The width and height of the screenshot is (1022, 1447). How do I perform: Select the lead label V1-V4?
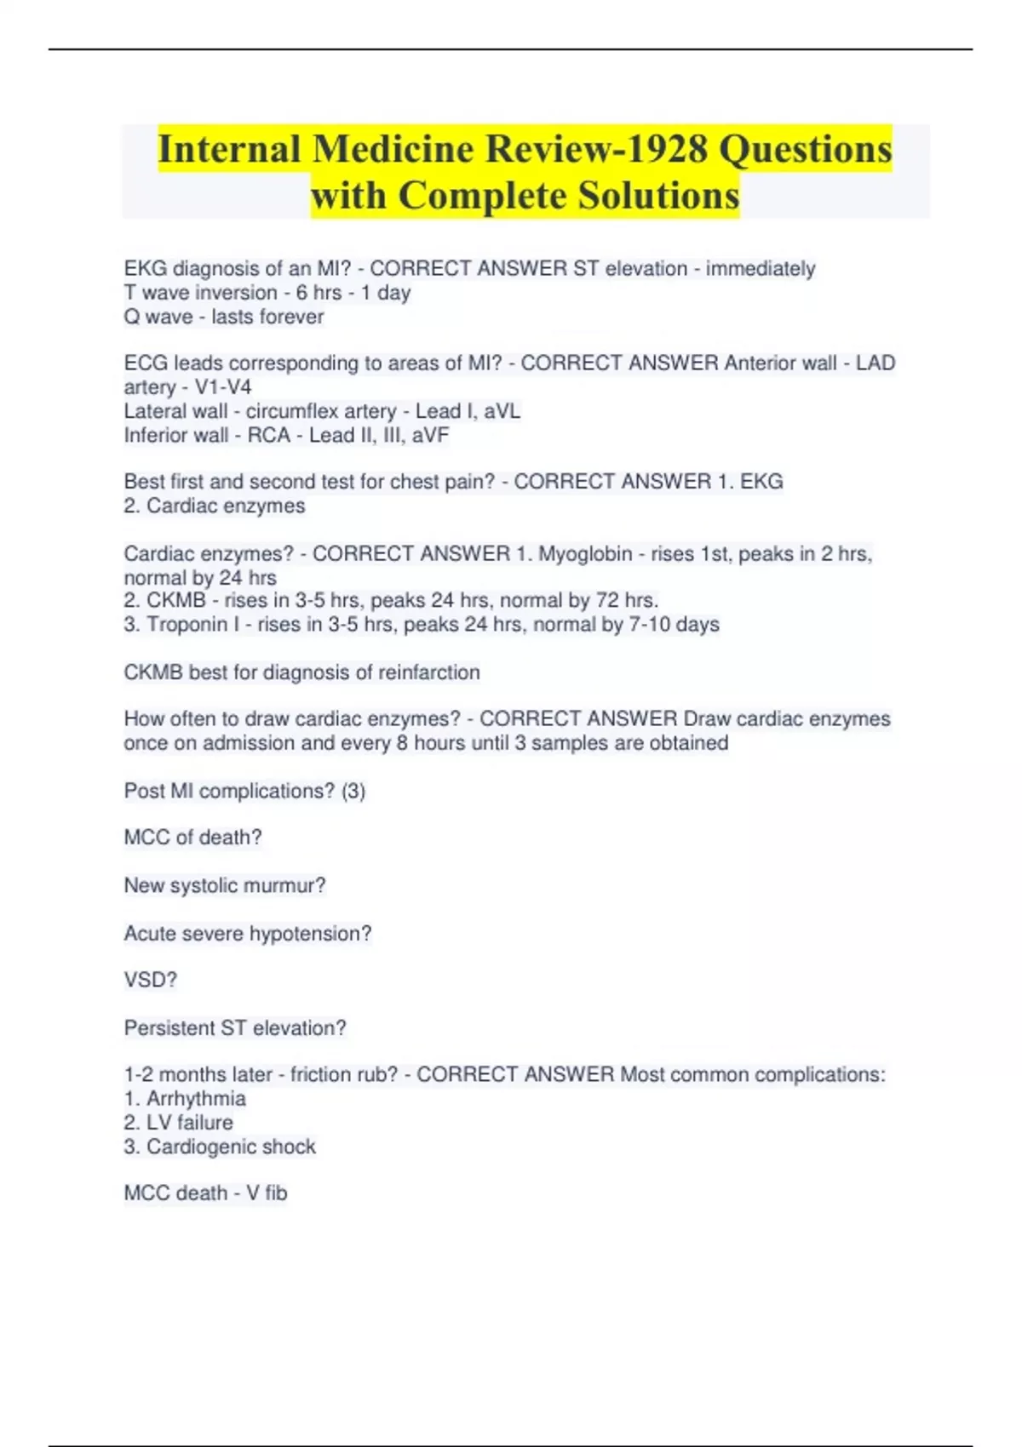tap(223, 387)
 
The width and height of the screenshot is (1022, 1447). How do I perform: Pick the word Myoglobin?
tap(585, 554)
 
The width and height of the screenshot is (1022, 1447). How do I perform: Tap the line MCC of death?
tap(192, 838)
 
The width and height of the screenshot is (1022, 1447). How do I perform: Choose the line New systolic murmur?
tap(225, 886)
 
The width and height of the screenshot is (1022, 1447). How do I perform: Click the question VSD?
tap(150, 981)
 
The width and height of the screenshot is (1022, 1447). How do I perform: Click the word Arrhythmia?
tap(196, 1099)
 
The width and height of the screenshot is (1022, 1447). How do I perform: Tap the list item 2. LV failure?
tap(178, 1123)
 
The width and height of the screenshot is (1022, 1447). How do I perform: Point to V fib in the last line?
tap(267, 1193)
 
